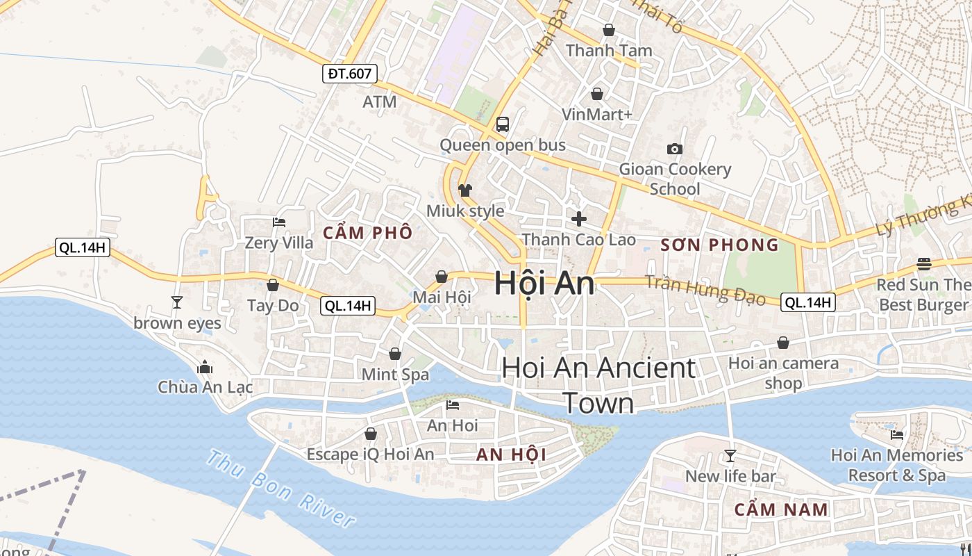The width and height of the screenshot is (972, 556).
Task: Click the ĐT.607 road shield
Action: [349, 73]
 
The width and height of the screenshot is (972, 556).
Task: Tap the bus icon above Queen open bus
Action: [503, 124]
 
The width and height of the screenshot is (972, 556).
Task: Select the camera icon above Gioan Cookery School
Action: [674, 149]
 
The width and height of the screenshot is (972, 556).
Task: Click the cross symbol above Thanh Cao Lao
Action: [578, 219]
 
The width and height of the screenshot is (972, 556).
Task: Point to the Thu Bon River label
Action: [281, 489]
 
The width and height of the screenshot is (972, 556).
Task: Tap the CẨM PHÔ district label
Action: [367, 233]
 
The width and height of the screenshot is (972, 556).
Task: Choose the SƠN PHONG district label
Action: [720, 245]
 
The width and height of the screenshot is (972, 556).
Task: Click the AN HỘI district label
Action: [511, 455]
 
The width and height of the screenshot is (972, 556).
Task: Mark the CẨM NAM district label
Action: [781, 509]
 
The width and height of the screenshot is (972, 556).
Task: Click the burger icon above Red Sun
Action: [923, 264]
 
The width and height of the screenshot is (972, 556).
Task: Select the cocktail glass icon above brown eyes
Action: [177, 302]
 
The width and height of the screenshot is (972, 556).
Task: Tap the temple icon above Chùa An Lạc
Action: [205, 366]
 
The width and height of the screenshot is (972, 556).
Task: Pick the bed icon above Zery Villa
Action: [279, 222]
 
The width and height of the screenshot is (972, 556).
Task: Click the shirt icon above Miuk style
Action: [464, 190]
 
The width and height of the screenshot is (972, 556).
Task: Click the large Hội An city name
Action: [544, 284]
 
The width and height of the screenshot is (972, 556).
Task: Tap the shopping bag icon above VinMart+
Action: [597, 93]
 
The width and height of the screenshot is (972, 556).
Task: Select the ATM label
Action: [380, 101]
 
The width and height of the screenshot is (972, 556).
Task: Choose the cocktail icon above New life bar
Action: [730, 456]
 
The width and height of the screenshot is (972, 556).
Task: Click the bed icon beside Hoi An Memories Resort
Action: [897, 435]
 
